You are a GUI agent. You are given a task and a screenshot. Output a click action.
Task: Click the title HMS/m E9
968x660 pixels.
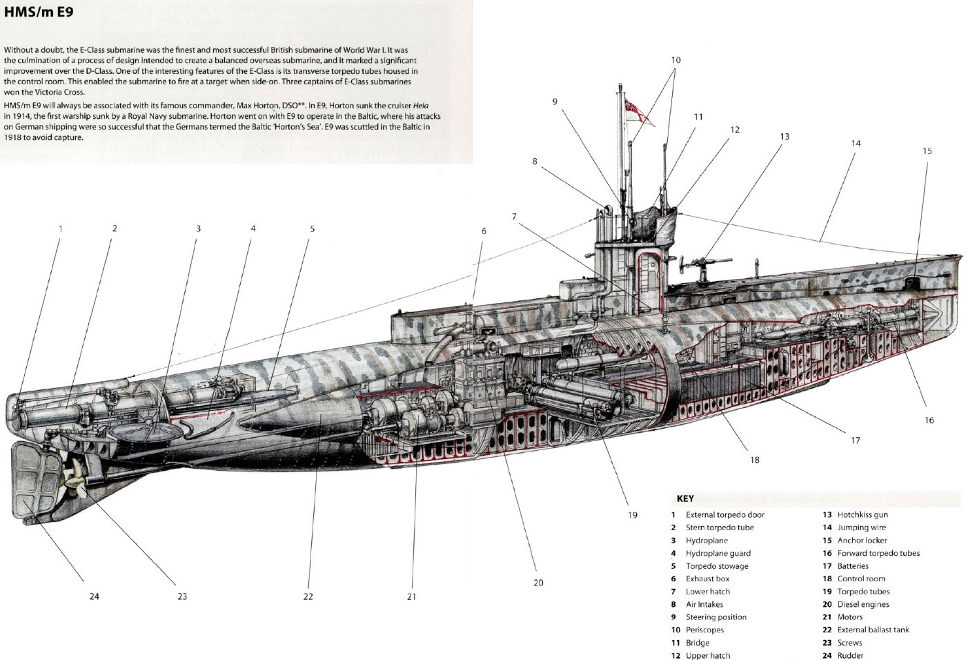click(29, 12)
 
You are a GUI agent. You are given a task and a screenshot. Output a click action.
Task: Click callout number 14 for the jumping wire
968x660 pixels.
click(856, 144)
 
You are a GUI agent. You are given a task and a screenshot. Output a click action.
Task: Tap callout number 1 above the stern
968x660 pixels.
click(60, 229)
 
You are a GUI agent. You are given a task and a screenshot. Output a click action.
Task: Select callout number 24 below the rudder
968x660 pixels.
click(94, 596)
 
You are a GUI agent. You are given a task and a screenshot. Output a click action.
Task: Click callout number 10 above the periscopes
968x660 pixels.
click(675, 60)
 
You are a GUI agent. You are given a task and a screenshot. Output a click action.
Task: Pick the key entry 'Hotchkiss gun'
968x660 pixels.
click(862, 514)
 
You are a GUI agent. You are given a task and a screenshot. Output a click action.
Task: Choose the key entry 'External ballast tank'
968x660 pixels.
click(873, 630)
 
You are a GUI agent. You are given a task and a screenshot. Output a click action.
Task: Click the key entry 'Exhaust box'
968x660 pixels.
click(707, 579)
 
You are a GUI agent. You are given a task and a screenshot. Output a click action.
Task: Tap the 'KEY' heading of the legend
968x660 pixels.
click(685, 498)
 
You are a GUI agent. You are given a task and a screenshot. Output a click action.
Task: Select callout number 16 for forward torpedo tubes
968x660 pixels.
click(929, 420)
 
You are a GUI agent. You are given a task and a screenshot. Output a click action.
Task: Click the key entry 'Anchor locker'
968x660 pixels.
click(862, 540)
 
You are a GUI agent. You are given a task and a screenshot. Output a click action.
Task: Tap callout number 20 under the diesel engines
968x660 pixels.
click(538, 583)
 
